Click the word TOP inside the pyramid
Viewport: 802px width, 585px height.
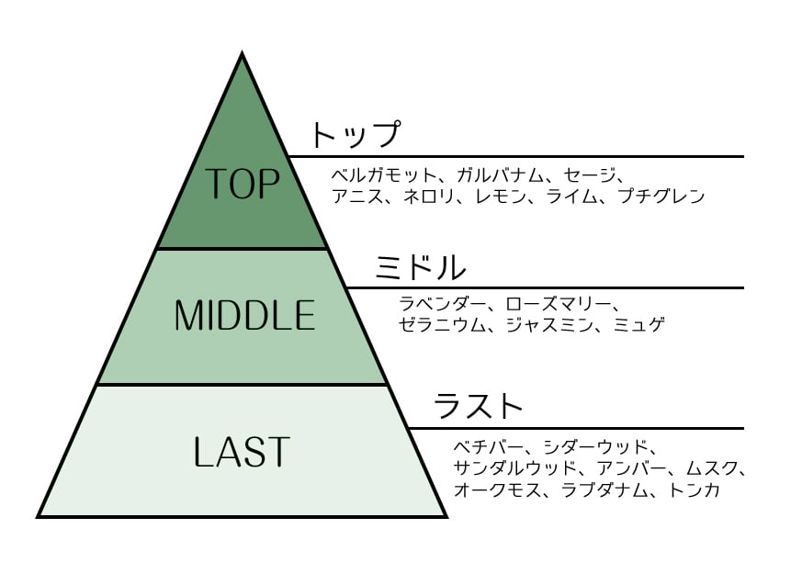tap(242, 184)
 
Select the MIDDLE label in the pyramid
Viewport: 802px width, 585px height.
tap(244, 316)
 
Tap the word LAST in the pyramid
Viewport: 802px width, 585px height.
tap(242, 451)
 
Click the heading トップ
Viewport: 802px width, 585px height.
tap(356, 135)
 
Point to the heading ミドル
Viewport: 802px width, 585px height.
tap(420, 267)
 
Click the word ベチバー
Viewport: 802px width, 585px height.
tap(483, 448)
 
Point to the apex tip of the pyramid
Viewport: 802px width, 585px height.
tap(242, 55)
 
